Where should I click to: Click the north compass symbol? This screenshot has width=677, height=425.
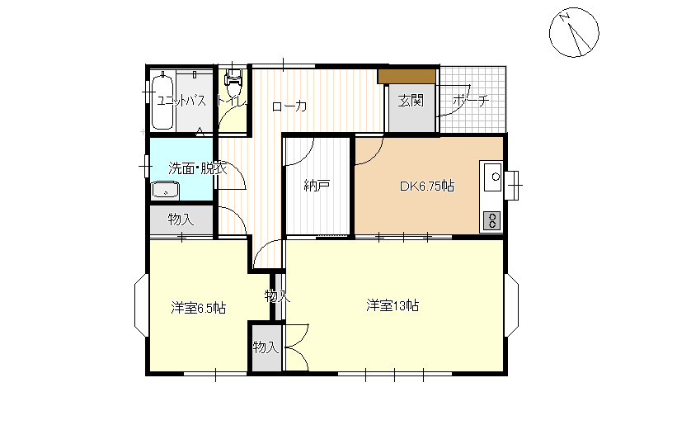(x=574, y=32)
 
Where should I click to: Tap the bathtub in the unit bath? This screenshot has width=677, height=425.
(x=162, y=101)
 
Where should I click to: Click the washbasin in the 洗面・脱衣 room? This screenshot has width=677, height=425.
(x=166, y=190)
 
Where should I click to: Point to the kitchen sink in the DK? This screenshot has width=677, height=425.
(x=492, y=177)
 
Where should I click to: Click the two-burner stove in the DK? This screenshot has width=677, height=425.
(x=491, y=220)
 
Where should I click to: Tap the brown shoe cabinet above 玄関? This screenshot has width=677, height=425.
(x=407, y=76)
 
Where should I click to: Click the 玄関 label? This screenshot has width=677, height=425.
(x=410, y=101)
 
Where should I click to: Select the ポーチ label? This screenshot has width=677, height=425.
(x=471, y=101)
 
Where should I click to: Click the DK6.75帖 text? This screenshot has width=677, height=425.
(x=426, y=187)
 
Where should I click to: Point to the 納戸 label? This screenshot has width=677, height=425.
(x=317, y=186)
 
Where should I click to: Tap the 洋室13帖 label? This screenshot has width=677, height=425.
(x=393, y=305)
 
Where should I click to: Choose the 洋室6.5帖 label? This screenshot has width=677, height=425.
(x=198, y=308)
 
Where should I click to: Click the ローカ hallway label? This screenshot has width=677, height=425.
(x=289, y=106)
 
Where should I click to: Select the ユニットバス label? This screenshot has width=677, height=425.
(x=181, y=101)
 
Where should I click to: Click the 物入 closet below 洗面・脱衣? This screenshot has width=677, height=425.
(x=181, y=220)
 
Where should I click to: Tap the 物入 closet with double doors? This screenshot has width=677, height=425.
(x=266, y=347)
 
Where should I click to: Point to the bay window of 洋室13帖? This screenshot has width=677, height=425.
(x=512, y=305)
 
